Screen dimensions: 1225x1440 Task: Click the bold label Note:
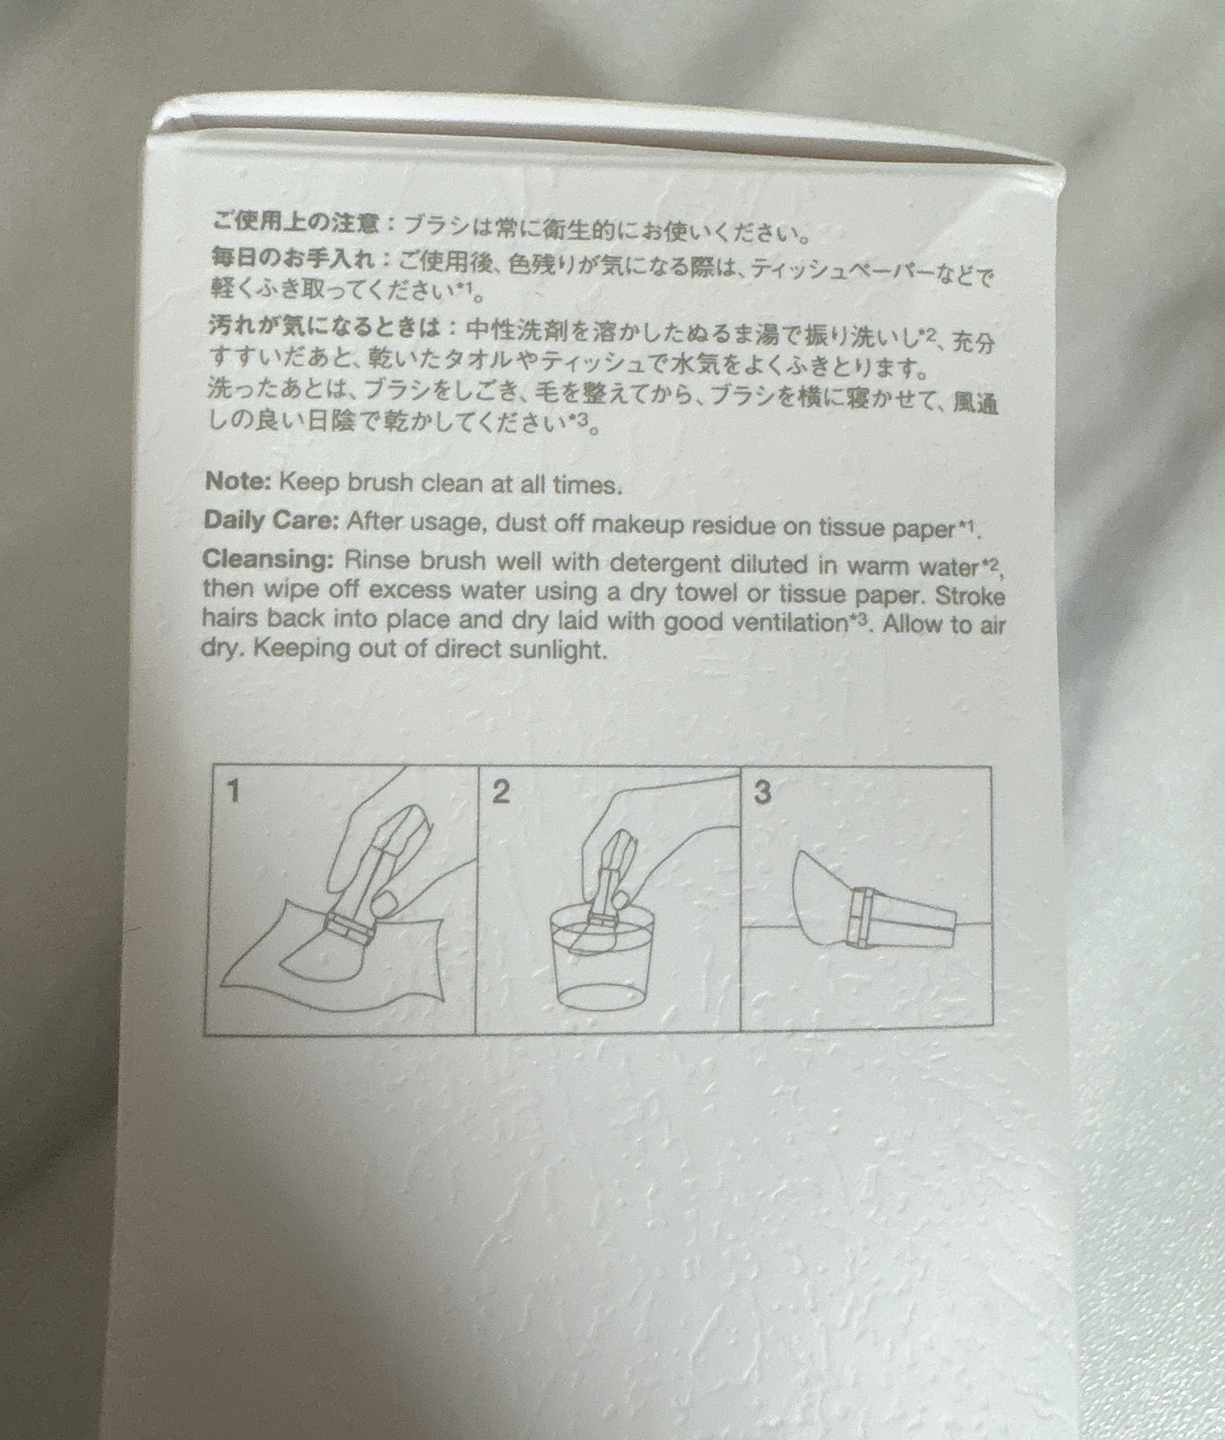(x=237, y=482)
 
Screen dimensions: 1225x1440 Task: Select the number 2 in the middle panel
(x=500, y=792)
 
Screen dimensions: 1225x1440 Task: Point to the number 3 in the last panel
(x=762, y=792)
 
